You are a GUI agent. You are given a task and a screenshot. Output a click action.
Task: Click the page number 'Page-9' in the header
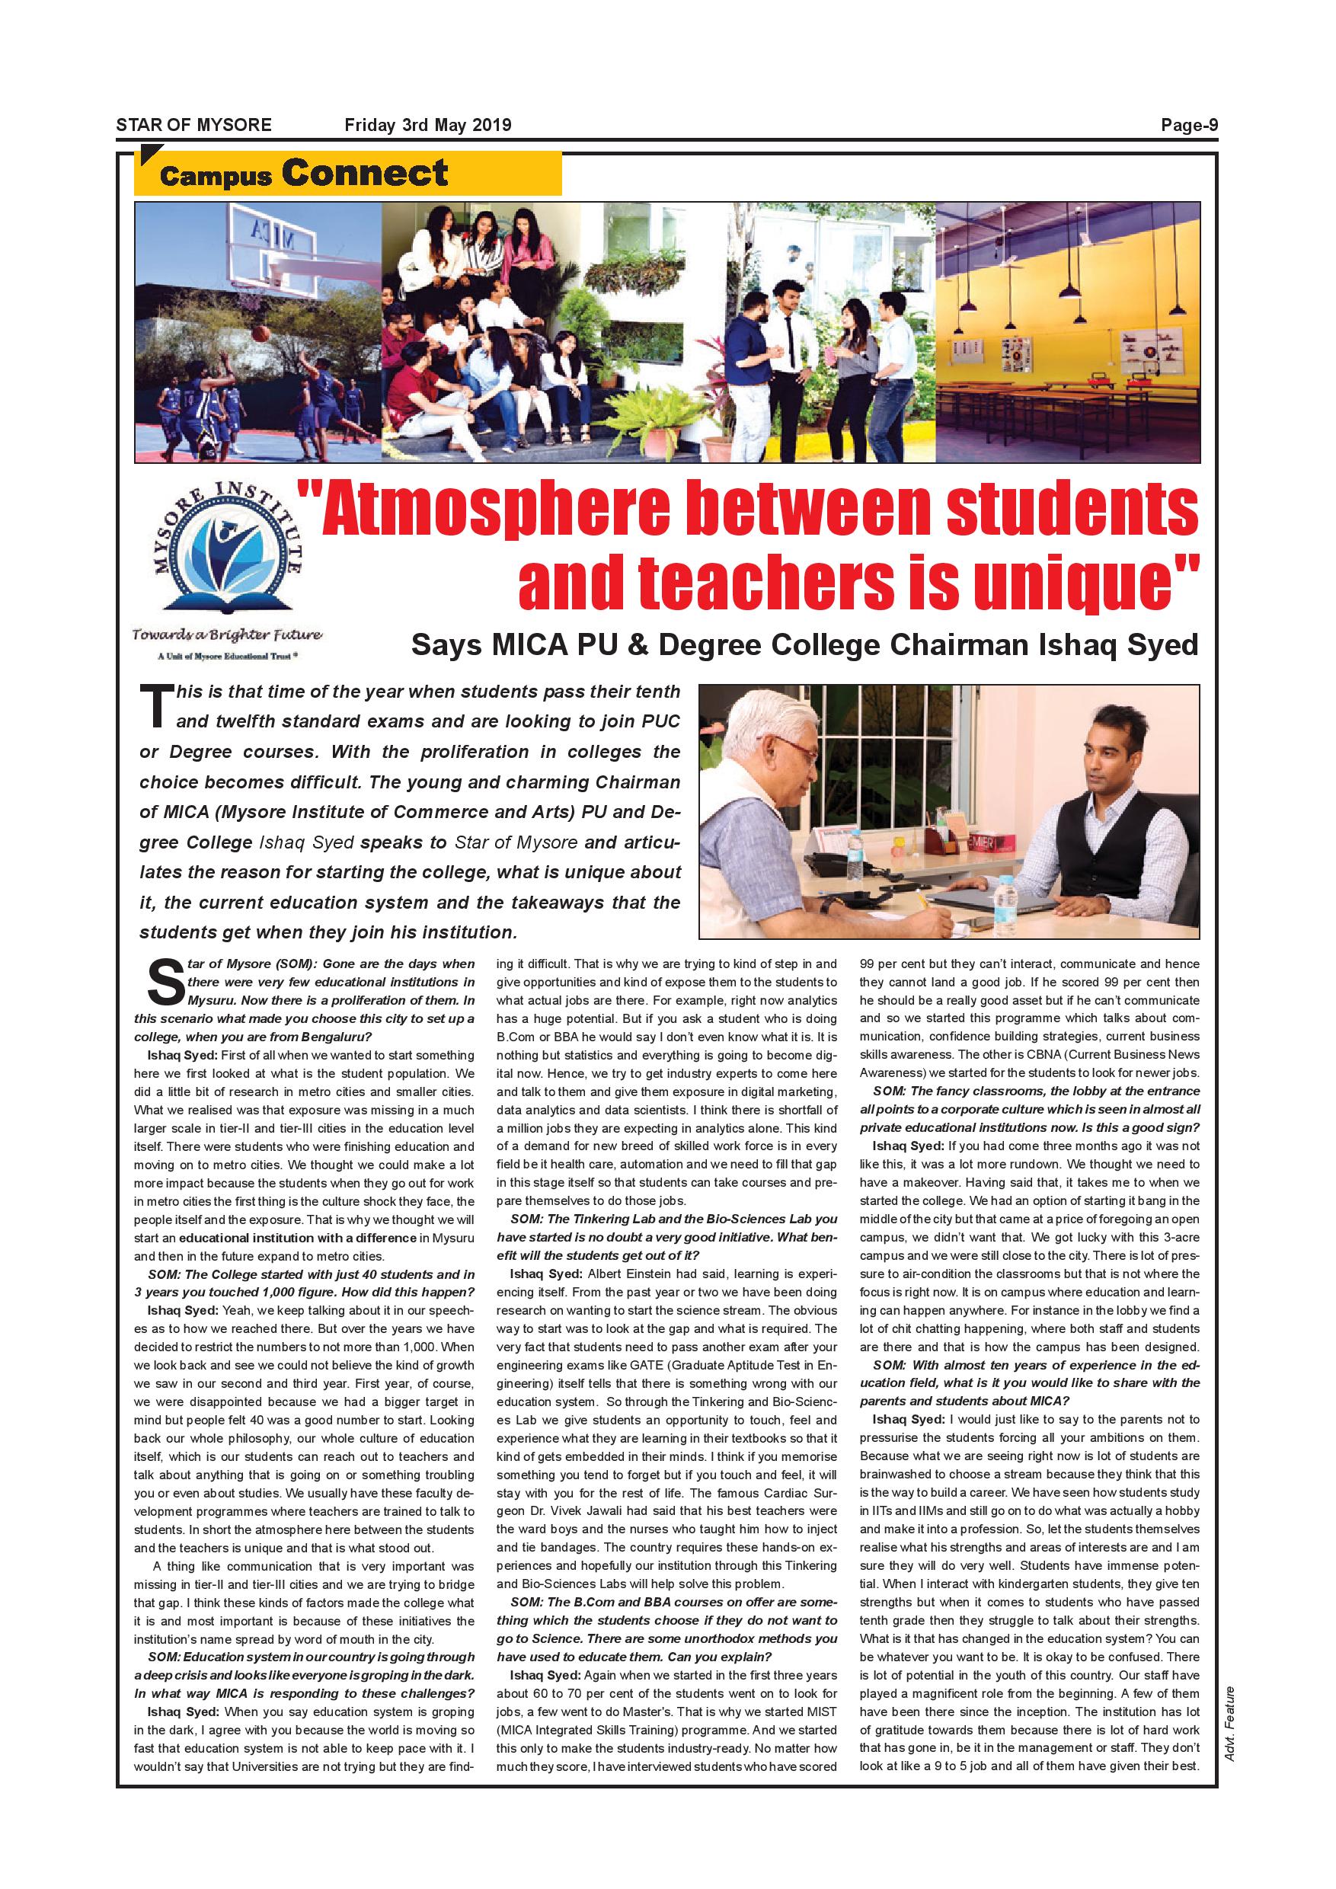click(x=1189, y=125)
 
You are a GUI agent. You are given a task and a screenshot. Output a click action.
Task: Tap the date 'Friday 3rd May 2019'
click(x=427, y=125)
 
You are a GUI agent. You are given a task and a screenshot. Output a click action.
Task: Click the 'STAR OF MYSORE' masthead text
click(x=193, y=125)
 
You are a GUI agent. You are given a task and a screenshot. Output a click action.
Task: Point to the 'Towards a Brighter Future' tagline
click(x=227, y=634)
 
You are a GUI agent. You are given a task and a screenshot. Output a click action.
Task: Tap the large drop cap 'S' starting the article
click(x=165, y=982)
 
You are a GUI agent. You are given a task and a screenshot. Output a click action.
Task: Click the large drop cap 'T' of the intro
click(x=156, y=707)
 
